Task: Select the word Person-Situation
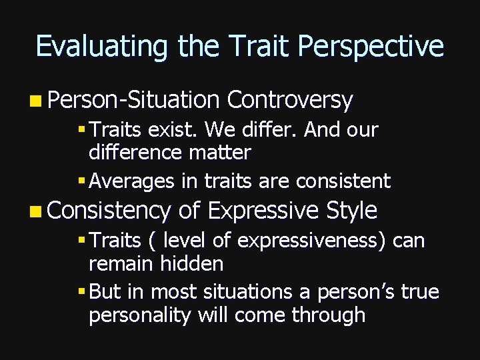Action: click(134, 100)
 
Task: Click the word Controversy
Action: click(290, 100)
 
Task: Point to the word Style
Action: click(351, 210)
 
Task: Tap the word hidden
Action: click(192, 263)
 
